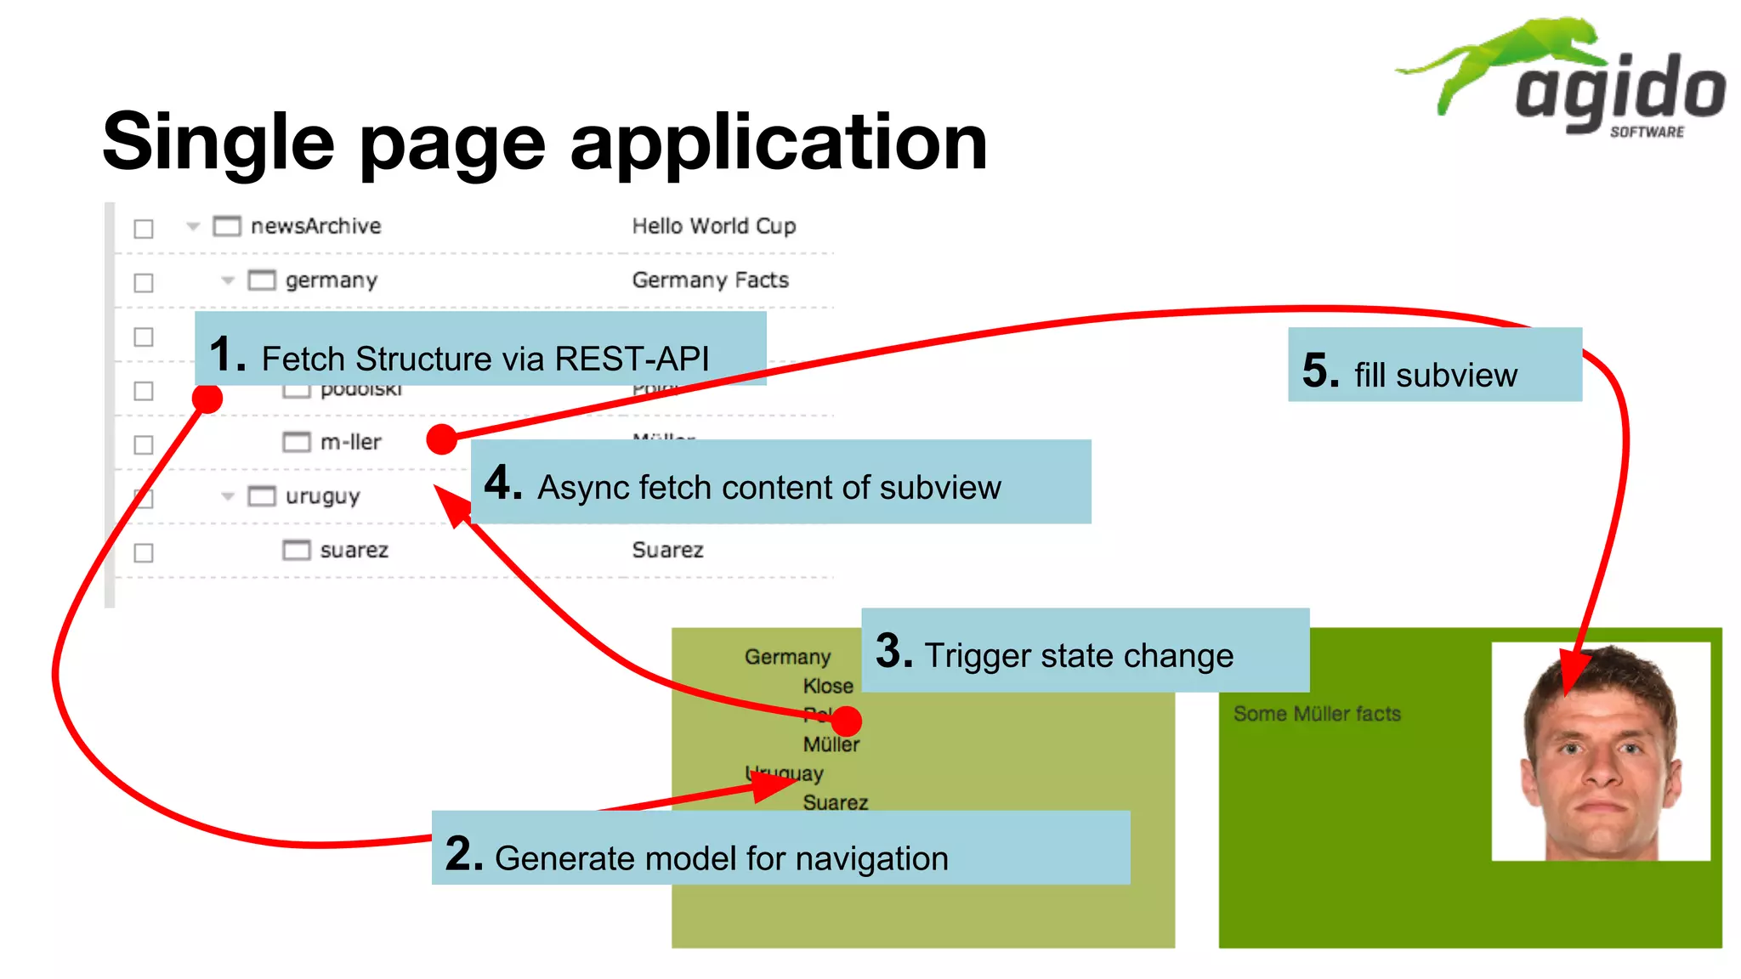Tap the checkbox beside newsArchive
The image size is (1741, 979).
click(144, 229)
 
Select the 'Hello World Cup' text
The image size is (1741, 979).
click(713, 226)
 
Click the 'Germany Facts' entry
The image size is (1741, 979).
click(710, 280)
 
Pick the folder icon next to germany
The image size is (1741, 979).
click(262, 280)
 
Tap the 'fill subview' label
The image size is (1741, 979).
click(1435, 375)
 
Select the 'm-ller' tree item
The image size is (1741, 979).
click(350, 442)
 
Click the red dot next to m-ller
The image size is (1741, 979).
click(441, 439)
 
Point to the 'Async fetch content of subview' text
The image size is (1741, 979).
click(768, 487)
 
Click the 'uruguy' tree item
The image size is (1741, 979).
click(322, 495)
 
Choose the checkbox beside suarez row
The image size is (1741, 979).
click(144, 552)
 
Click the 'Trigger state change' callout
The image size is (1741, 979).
click(1078, 655)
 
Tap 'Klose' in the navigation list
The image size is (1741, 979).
click(827, 686)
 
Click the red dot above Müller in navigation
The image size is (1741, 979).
click(847, 722)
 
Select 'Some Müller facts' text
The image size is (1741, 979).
click(1316, 714)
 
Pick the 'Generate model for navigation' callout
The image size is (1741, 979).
click(721, 857)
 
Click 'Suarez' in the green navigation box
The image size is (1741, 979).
click(835, 802)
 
